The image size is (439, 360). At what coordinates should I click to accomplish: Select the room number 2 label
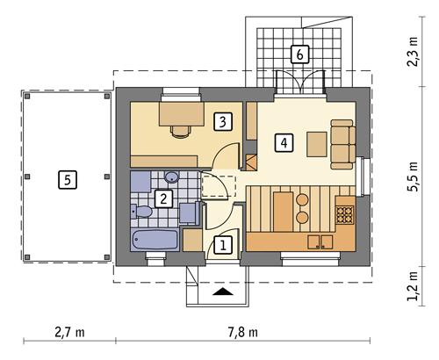tap(162, 198)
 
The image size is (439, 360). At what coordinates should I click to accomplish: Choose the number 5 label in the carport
tap(65, 180)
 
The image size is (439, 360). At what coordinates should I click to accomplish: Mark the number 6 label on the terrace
tap(299, 55)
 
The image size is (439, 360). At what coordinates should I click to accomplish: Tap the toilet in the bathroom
tap(143, 212)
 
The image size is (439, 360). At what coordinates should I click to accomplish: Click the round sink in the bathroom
tap(172, 177)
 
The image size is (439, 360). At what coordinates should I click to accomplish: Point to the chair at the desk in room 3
tap(180, 131)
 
